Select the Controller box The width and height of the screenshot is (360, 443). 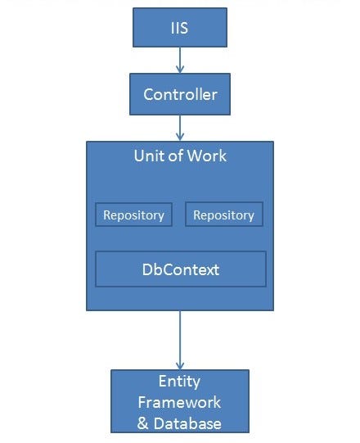click(x=180, y=94)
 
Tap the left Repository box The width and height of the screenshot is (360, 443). click(x=133, y=215)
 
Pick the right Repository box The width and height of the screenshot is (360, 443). click(x=224, y=215)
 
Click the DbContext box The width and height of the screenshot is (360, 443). click(x=180, y=269)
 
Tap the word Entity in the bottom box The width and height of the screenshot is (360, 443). click(x=180, y=382)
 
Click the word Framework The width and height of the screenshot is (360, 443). click(x=180, y=403)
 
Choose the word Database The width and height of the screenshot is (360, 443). click(x=188, y=423)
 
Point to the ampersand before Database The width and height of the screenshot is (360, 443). click(x=143, y=423)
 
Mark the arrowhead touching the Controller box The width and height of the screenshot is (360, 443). click(x=180, y=69)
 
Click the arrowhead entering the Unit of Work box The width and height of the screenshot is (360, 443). click(x=180, y=136)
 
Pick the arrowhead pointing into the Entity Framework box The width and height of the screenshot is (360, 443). click(x=180, y=364)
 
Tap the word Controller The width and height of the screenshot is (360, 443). click(x=180, y=94)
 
